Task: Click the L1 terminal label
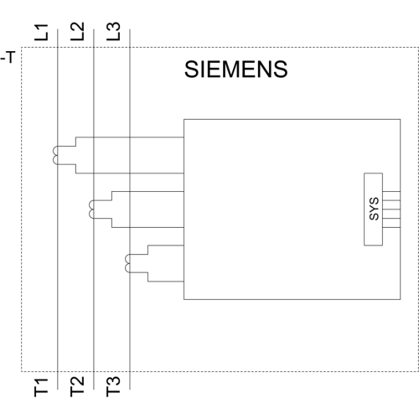(x=41, y=32)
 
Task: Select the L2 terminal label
(x=77, y=31)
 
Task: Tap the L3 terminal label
(x=113, y=31)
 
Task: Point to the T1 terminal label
(x=41, y=387)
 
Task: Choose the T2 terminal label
(x=77, y=386)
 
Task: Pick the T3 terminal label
(x=113, y=386)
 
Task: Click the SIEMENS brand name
(x=236, y=69)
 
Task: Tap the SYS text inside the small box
(x=374, y=209)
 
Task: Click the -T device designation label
(x=8, y=57)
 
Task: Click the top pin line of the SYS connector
(x=391, y=191)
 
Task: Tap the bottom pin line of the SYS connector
(x=391, y=227)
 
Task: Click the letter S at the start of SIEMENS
(x=191, y=69)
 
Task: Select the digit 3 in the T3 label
(x=113, y=381)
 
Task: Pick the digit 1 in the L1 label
(x=41, y=28)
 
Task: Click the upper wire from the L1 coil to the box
(x=130, y=137)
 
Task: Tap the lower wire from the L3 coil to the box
(x=166, y=282)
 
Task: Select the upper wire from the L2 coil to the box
(x=147, y=191)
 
